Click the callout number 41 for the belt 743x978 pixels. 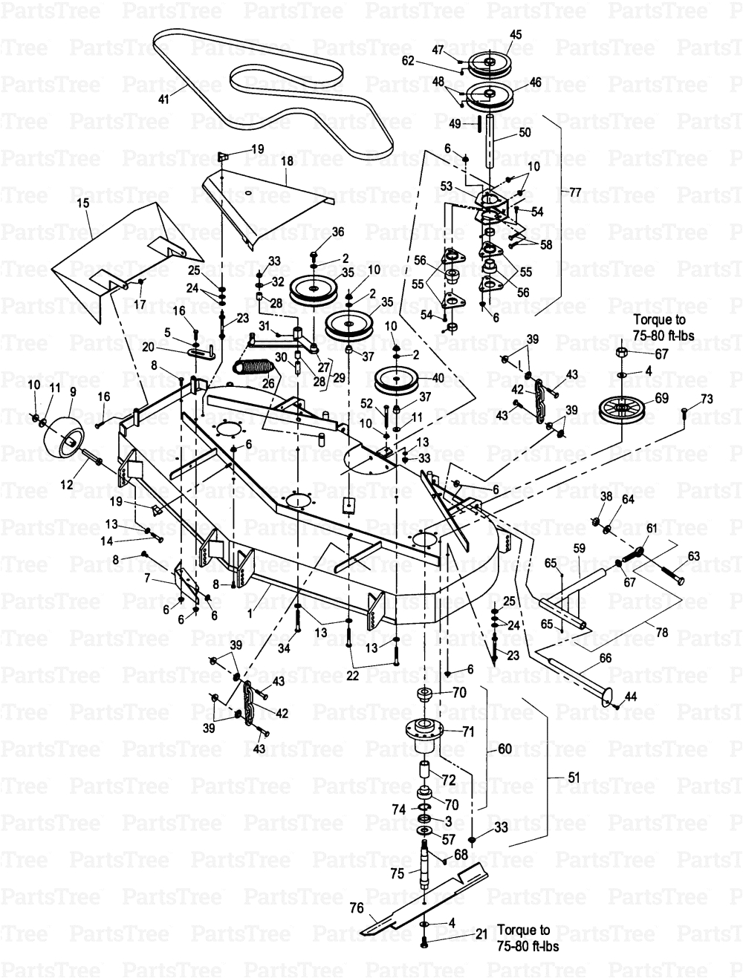click(163, 98)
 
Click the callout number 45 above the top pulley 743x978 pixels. click(516, 34)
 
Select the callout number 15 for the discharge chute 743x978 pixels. click(82, 203)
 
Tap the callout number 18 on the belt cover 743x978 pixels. click(287, 160)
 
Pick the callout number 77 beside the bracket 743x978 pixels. click(575, 192)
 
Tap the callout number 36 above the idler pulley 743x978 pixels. click(338, 232)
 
